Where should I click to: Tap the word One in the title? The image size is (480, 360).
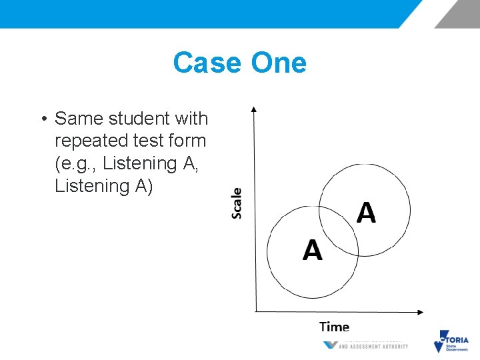tap(279, 63)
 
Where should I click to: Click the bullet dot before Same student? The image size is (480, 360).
tap(42, 119)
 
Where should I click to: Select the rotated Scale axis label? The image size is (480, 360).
tap(237, 203)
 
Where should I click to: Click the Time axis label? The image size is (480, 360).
tap(334, 327)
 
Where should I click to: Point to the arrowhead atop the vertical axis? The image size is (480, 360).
tap(254, 108)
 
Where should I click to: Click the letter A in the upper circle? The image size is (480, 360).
tap(366, 213)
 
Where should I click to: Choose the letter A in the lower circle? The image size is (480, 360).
tap(312, 250)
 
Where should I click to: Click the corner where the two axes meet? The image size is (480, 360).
tap(255, 311)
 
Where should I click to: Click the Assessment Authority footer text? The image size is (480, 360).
tap(373, 346)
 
